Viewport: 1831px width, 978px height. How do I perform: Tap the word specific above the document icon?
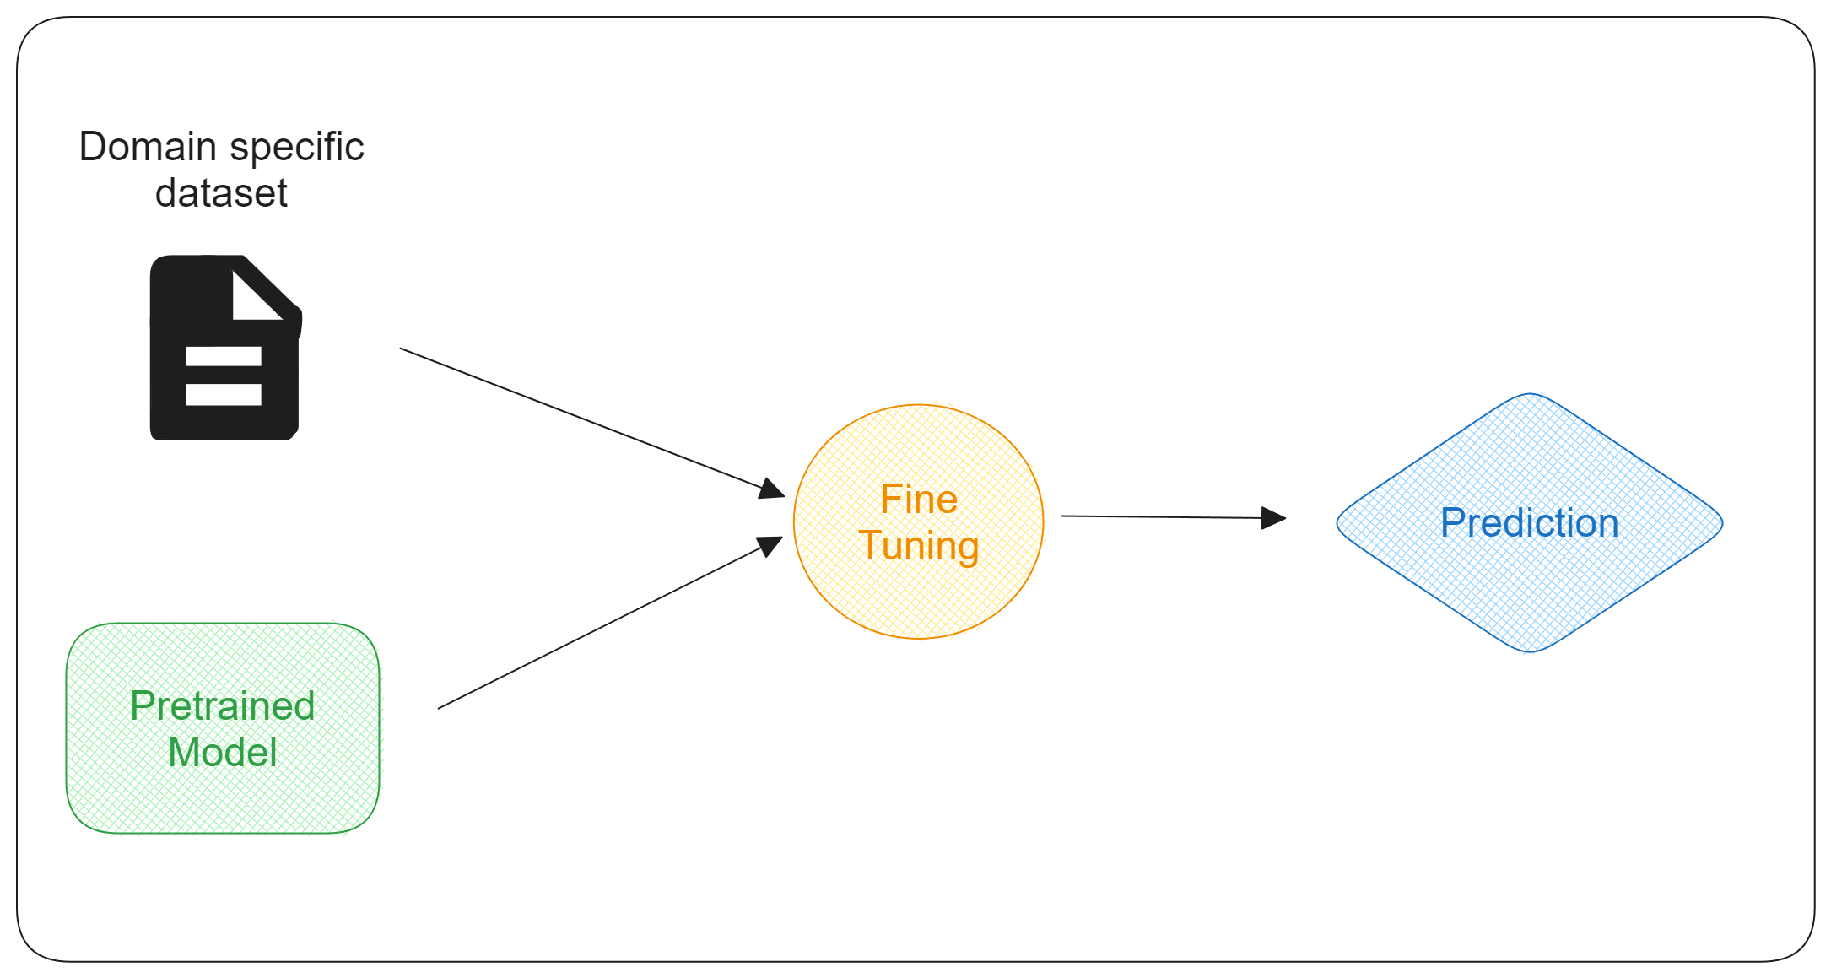pyautogui.click(x=296, y=149)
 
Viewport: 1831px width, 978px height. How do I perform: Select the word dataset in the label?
pyautogui.click(x=221, y=193)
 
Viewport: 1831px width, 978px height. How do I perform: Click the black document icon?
pyautogui.click(x=225, y=347)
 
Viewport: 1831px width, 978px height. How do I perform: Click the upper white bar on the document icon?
pyautogui.click(x=224, y=356)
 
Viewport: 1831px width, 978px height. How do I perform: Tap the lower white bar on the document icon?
pyautogui.click(x=224, y=395)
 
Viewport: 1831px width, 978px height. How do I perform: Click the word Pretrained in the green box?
pyautogui.click(x=223, y=705)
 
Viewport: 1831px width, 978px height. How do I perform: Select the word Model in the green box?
pyautogui.click(x=223, y=752)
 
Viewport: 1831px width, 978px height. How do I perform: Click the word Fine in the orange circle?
pyautogui.click(x=919, y=500)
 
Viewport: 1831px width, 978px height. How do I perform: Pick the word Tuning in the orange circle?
pyautogui.click(x=919, y=546)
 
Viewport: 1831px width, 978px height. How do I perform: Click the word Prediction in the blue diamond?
pyautogui.click(x=1530, y=523)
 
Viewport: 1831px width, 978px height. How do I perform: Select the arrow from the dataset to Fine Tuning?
pyautogui.click(x=592, y=422)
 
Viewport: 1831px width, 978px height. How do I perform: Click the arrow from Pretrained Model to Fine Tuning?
pyautogui.click(x=610, y=623)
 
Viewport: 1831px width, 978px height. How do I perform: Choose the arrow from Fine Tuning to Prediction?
pyautogui.click(x=1174, y=517)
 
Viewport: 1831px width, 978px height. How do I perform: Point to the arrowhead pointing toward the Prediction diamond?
pyautogui.click(x=1274, y=518)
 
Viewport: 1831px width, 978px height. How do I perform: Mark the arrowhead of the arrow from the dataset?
pyautogui.click(x=773, y=489)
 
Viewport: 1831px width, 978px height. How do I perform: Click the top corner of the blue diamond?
pyautogui.click(x=1530, y=394)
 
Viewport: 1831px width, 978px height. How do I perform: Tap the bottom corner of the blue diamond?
pyautogui.click(x=1530, y=651)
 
